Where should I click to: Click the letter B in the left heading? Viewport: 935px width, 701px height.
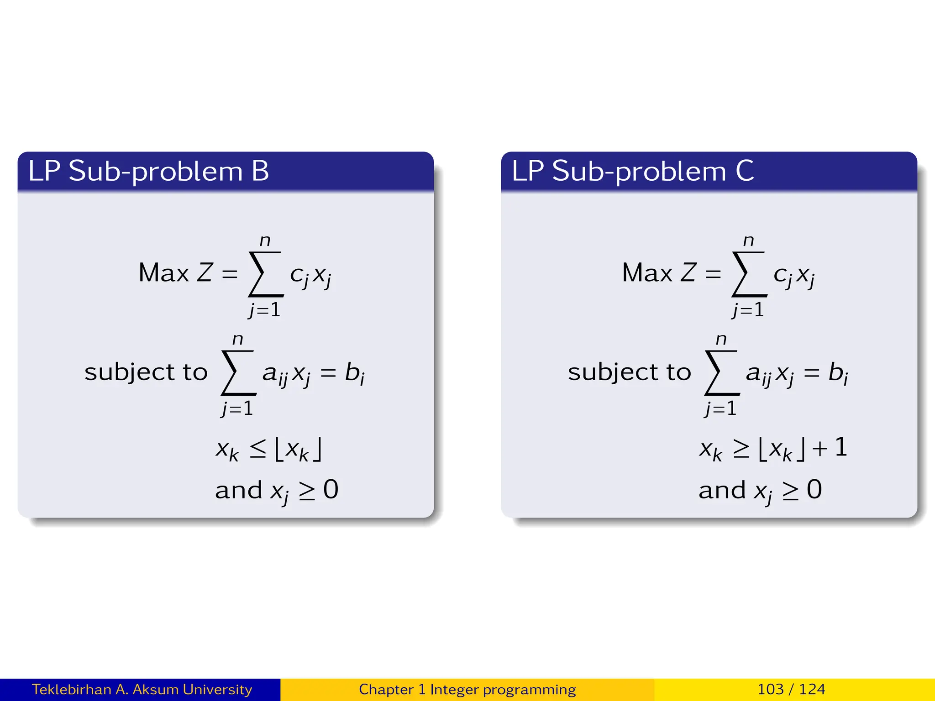(x=260, y=171)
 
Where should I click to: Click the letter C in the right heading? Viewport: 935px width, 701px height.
(x=745, y=171)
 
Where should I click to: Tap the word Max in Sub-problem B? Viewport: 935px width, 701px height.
(x=163, y=273)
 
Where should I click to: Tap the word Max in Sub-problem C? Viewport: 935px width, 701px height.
(x=647, y=273)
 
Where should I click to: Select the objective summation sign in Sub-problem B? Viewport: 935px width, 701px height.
(x=265, y=274)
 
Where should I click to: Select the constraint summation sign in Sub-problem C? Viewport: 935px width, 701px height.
(x=721, y=372)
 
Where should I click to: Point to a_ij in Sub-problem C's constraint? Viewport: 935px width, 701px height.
(x=758, y=374)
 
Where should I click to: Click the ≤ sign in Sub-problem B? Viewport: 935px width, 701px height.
(x=258, y=449)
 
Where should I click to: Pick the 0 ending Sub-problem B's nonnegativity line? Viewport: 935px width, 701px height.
(x=331, y=490)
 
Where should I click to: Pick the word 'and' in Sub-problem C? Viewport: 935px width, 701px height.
(x=722, y=490)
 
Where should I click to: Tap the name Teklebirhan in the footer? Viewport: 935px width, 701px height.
(x=71, y=689)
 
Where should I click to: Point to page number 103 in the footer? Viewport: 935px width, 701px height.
(x=770, y=689)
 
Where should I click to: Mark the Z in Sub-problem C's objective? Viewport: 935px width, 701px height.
(x=688, y=272)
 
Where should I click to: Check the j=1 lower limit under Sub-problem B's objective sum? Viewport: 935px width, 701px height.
(x=264, y=310)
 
